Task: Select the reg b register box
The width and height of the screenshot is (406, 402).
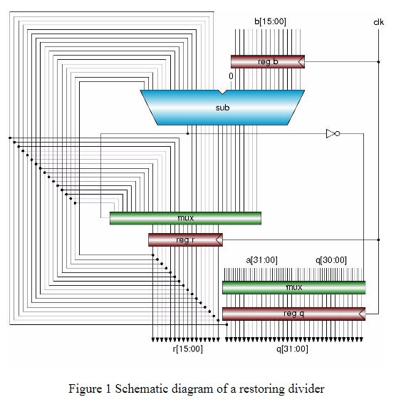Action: tap(267, 63)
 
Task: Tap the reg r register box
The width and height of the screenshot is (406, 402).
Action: tap(184, 240)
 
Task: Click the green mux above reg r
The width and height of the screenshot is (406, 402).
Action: tap(185, 217)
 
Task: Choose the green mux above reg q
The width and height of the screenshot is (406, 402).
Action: tap(293, 287)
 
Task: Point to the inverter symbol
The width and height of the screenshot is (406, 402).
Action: tap(332, 133)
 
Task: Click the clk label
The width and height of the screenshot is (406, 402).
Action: tap(378, 22)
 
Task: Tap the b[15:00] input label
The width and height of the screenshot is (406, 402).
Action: tap(270, 22)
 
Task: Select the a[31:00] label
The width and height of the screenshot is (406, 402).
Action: tap(261, 260)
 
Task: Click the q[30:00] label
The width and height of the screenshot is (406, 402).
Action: tap(330, 260)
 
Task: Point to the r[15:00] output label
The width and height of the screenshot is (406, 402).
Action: tap(187, 349)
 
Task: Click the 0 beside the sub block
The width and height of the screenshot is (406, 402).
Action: tap(231, 76)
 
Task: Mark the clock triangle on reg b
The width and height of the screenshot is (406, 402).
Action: tap(301, 63)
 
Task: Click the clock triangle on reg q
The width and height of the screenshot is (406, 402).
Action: tap(362, 314)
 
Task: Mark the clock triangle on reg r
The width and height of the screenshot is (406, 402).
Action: tap(219, 240)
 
